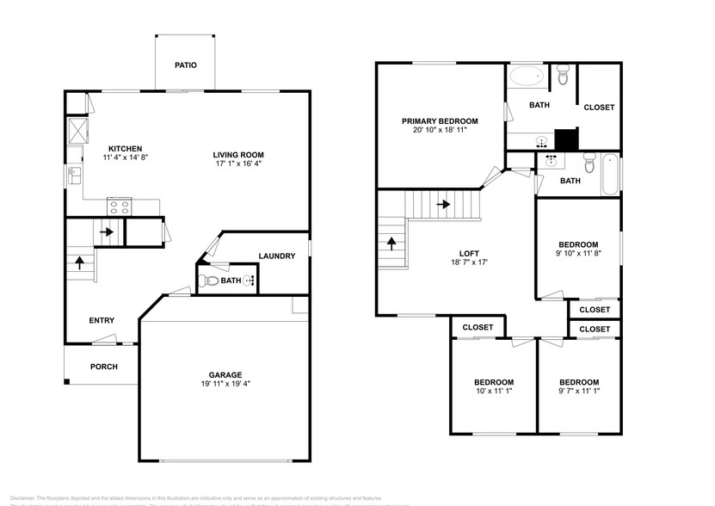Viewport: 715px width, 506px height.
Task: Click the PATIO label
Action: (185, 65)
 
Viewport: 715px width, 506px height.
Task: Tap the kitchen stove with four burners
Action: (119, 206)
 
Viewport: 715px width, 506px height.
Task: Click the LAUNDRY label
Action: (277, 256)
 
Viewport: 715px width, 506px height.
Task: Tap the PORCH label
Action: (103, 367)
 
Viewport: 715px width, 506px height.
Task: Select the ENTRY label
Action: (102, 321)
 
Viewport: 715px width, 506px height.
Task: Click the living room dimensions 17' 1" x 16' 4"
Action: (238, 164)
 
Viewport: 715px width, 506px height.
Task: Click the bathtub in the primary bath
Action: (526, 77)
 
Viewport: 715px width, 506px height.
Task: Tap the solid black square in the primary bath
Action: (565, 139)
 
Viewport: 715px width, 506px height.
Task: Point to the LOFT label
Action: (469, 253)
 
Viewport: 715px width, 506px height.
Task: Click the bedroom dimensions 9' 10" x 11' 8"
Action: (578, 254)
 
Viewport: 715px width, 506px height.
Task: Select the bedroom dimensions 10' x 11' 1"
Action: (494, 392)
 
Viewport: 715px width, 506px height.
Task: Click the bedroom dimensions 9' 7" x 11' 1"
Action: (578, 392)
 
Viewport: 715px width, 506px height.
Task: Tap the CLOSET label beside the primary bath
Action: (599, 108)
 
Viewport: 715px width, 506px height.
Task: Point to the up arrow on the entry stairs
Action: (80, 261)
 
